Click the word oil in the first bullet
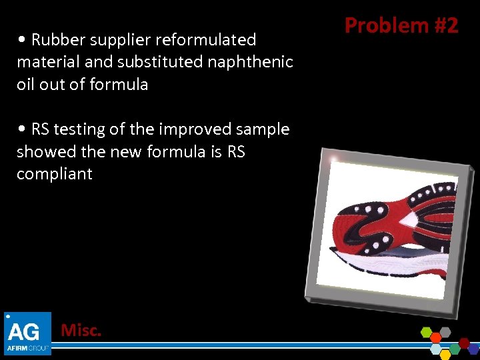[28, 85]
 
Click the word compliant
[55, 174]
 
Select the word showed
[41, 152]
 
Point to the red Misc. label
[81, 329]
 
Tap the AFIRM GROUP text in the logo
[27, 347]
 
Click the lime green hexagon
[427, 332]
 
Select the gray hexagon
[445, 332]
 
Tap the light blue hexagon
[436, 349]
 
